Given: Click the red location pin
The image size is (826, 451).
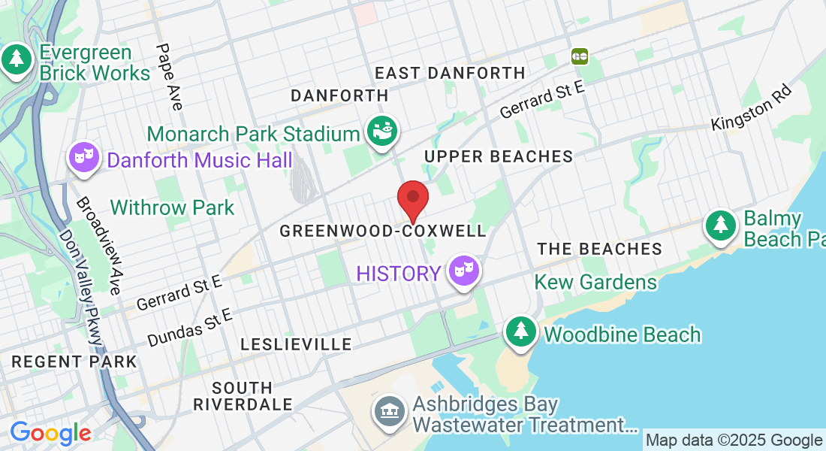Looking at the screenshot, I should pos(412,199).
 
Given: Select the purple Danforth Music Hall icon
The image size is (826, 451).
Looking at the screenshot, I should pos(84,157).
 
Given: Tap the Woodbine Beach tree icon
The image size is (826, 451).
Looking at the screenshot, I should pos(520,331).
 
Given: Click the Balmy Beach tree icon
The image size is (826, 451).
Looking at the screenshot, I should pos(720,225).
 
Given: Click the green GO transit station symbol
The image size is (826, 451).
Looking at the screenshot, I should pos(579,56).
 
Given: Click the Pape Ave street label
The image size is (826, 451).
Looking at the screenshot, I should pos(169,76).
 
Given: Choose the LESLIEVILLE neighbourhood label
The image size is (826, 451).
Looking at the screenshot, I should pos(296,344).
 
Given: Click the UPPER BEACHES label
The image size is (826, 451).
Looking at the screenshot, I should pos(499,156).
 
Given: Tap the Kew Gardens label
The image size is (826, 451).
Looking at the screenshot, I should pos(595,283).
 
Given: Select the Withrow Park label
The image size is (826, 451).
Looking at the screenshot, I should pos(173,207).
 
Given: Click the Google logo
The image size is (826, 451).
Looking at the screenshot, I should pos(50,433).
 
